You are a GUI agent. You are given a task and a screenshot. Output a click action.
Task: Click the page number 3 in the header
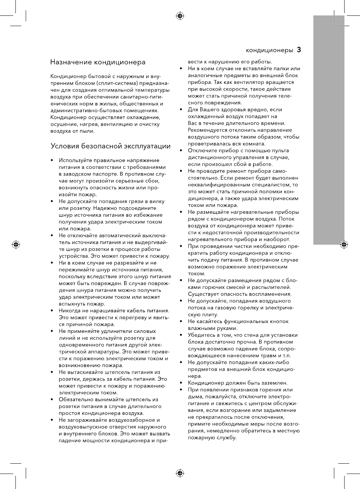point(299,50)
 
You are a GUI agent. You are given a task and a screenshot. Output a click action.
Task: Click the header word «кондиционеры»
point(269,50)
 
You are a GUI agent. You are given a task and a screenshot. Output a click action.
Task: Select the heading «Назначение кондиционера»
point(98,62)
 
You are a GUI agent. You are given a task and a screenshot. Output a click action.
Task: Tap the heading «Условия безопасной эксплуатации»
point(111,146)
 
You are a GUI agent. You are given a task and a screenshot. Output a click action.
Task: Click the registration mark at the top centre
point(180,16)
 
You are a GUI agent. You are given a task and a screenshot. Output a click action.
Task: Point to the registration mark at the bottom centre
point(180,473)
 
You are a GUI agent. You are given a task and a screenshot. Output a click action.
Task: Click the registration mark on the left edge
point(16,244)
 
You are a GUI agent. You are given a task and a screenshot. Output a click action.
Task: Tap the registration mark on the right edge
point(344,244)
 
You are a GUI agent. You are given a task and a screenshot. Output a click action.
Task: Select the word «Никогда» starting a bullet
point(70,310)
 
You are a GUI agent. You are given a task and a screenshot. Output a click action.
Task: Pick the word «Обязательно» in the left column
point(76,399)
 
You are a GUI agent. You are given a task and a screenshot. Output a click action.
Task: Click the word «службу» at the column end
point(226,438)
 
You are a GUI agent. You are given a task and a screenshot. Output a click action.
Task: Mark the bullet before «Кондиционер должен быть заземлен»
point(181,383)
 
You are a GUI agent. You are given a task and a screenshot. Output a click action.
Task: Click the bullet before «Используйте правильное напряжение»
point(52,160)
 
